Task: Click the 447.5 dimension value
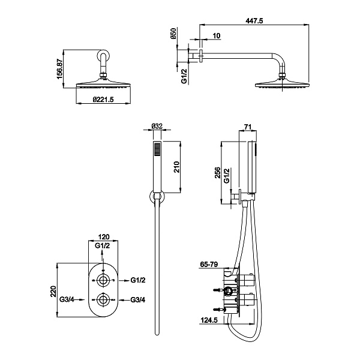click(x=254, y=21)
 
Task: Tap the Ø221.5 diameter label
click(x=103, y=100)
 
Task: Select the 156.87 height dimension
click(x=59, y=69)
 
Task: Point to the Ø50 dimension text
click(x=173, y=34)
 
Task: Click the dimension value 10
click(x=217, y=36)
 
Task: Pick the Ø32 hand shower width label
click(x=157, y=126)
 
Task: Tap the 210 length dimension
click(x=176, y=167)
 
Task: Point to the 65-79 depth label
click(x=209, y=265)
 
